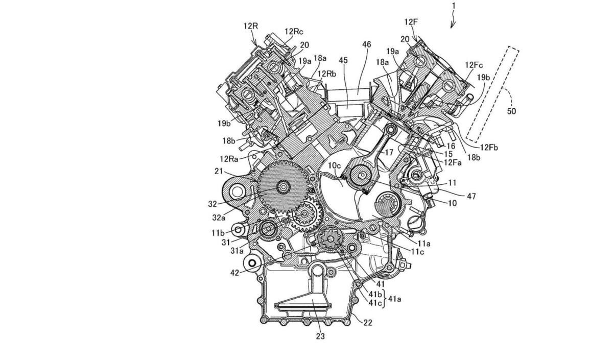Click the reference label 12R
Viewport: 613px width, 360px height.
coord(251,26)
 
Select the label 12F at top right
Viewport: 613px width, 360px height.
coord(411,22)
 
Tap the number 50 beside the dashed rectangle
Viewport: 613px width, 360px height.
coord(511,111)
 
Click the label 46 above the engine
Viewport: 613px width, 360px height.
coord(366,44)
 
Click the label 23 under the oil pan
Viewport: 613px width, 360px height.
coord(320,336)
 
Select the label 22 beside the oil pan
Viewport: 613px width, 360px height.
coord(367,323)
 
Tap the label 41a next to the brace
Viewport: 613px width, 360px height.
coord(394,299)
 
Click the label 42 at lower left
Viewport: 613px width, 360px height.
coord(235,273)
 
